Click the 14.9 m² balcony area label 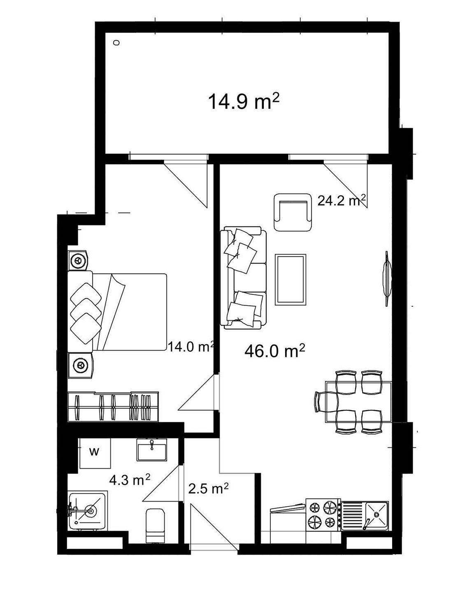[x=244, y=101]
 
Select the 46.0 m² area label [x=274, y=351]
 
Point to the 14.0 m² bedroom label [x=190, y=347]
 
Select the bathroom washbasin [x=151, y=449]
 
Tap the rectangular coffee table [x=291, y=280]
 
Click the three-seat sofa [x=243, y=279]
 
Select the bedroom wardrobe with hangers [x=113, y=407]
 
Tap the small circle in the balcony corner [x=116, y=42]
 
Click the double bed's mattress [x=130, y=312]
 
